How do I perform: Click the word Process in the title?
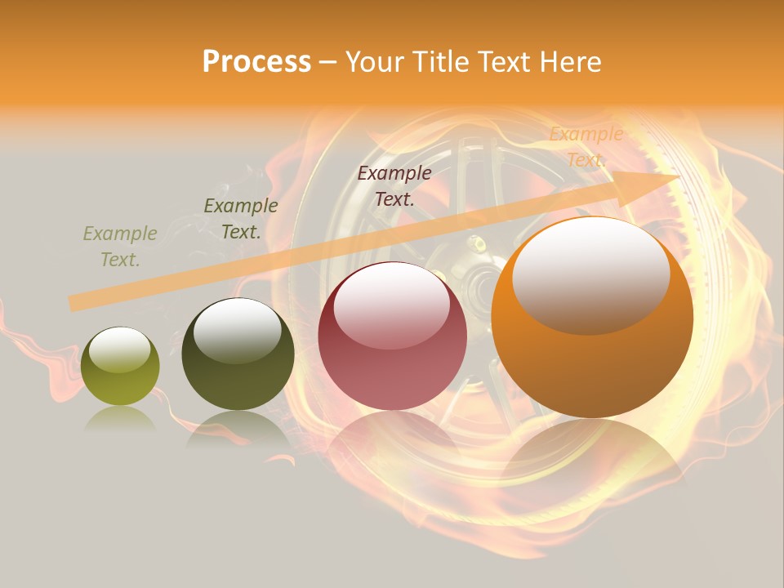(x=256, y=62)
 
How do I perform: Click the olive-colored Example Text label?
(x=120, y=247)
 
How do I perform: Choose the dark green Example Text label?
(x=241, y=219)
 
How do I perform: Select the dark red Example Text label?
(x=394, y=185)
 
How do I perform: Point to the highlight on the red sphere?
(x=391, y=305)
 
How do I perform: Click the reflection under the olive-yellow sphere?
(x=120, y=418)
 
